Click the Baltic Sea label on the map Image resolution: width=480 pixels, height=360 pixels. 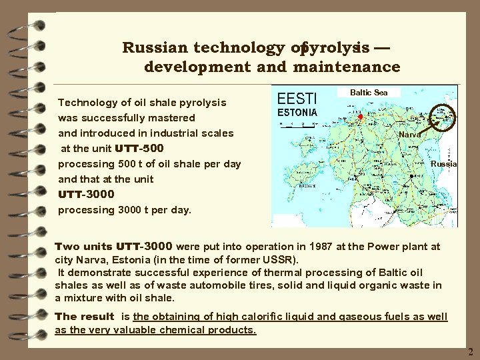pyautogui.click(x=369, y=93)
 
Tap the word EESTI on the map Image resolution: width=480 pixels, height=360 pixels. pyautogui.click(x=297, y=99)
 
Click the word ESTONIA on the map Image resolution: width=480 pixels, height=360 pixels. pyautogui.click(x=297, y=113)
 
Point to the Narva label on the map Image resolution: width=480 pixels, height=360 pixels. pyautogui.click(x=409, y=134)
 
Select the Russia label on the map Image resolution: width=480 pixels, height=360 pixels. pyautogui.click(x=443, y=163)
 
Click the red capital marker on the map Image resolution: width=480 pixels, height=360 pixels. pyautogui.click(x=360, y=117)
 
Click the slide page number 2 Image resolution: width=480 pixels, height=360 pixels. pyautogui.click(x=470, y=351)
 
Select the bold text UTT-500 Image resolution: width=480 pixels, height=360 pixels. pyautogui.click(x=139, y=148)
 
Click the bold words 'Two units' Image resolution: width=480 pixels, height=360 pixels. pyautogui.click(x=83, y=247)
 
